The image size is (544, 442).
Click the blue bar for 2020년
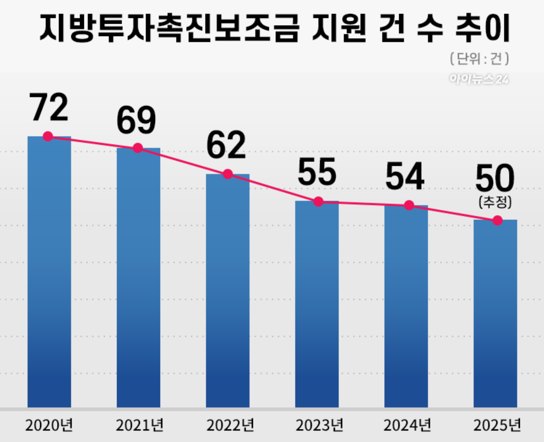coord(49,272)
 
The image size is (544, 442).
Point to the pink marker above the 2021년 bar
coord(138,148)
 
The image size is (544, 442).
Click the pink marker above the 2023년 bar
coord(318,202)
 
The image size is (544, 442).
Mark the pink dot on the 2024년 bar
coord(409,205)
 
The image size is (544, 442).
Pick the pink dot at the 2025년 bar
coord(497,221)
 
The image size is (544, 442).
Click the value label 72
coord(49,108)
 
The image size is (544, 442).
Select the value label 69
coord(136,120)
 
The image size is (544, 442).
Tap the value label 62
coord(226,145)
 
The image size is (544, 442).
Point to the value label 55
coord(317,172)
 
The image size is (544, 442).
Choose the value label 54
coord(405,176)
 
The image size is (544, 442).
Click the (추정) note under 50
coord(495,202)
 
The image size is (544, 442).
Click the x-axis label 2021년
coord(139,426)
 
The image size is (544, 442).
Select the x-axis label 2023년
coord(319,426)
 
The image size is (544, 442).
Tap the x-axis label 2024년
coord(407,426)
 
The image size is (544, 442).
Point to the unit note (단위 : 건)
coord(479,59)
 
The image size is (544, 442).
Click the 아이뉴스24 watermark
coord(479,79)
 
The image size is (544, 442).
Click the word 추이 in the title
coord(483,28)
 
